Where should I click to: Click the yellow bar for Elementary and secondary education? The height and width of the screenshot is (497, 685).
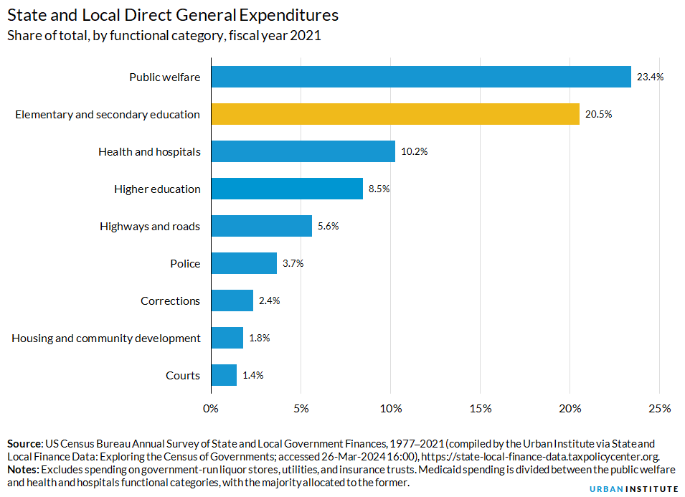395,114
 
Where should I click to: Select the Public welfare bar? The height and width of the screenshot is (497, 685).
420,77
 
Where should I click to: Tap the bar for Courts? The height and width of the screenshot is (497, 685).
224,375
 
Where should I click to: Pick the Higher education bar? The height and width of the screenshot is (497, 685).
287,189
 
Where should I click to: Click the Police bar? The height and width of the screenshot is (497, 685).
244,263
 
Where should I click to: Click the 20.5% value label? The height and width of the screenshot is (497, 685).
598,114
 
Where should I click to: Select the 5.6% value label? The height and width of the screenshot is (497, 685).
328,226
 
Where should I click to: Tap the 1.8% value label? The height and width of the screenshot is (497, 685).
259,338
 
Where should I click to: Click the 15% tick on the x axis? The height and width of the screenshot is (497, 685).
480,409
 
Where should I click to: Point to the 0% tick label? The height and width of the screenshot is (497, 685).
211,409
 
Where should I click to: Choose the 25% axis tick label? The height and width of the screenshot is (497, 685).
659,409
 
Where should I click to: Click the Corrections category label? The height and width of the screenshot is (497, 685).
170,300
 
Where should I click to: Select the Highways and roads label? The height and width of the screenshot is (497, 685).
150,226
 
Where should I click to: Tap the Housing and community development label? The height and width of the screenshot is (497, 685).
106,338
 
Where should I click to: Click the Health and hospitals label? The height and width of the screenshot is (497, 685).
149,151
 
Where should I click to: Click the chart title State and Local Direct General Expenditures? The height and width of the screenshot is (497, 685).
173,15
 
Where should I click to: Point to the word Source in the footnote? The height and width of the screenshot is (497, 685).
25,444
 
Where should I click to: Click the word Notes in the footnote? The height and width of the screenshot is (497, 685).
23,469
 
